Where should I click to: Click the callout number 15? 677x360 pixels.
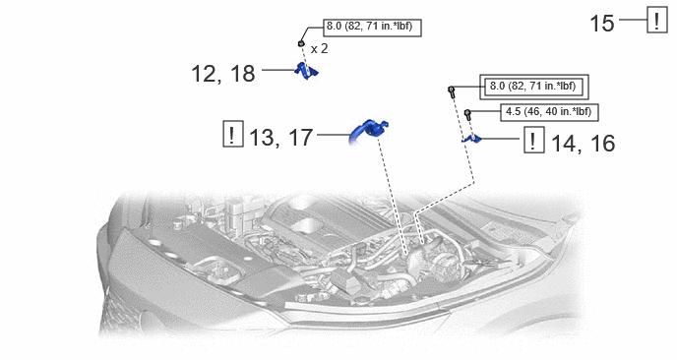tap(601, 24)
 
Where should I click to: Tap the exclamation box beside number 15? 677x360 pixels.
tap(656, 20)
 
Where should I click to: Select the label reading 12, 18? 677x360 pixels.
tap(222, 74)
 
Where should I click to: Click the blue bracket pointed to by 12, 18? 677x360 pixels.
tap(306, 71)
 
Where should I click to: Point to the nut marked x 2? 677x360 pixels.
tap(301, 43)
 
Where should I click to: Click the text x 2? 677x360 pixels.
tap(319, 49)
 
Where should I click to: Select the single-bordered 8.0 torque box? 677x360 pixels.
tap(372, 28)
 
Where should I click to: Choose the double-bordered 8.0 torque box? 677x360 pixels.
tap(534, 87)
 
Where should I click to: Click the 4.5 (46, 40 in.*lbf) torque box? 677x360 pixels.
tap(549, 112)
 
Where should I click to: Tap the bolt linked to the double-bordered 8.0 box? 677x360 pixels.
tap(452, 91)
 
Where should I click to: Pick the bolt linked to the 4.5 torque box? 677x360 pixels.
tap(467, 114)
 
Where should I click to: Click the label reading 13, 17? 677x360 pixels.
tap(281, 138)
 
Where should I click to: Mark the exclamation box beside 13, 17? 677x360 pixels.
tap(233, 134)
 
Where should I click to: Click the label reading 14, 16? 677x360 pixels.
tap(584, 143)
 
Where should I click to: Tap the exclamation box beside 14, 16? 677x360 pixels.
tap(534, 140)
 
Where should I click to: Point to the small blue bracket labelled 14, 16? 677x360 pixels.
tap(471, 139)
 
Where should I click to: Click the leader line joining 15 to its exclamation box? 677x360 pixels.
tap(633, 20)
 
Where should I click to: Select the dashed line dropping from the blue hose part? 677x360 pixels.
tap(392, 194)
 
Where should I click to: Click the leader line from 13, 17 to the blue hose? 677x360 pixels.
tap(334, 135)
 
